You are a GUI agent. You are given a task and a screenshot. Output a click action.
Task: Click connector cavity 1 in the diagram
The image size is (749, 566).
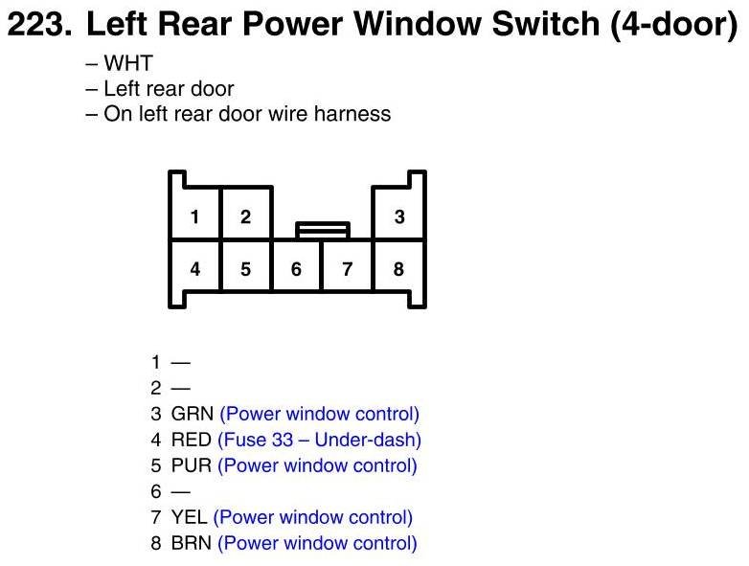click(x=195, y=217)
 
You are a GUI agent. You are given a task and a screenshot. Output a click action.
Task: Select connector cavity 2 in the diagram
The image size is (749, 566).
click(x=246, y=217)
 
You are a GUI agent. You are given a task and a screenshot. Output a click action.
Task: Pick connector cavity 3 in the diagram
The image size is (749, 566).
click(x=399, y=217)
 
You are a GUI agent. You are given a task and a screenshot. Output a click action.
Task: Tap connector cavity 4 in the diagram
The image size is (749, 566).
click(x=195, y=269)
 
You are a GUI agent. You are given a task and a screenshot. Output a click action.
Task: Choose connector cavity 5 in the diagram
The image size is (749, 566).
click(x=246, y=269)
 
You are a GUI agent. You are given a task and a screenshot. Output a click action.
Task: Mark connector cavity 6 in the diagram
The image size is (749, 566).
click(x=297, y=269)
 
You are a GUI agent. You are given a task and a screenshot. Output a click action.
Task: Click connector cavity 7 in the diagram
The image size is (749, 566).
click(x=348, y=269)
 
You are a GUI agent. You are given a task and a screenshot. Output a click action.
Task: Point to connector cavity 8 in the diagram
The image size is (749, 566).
click(x=399, y=269)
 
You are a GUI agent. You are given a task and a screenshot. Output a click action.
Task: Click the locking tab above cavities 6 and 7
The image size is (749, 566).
click(x=323, y=230)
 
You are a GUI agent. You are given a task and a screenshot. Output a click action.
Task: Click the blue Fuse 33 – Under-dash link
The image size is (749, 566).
click(x=320, y=441)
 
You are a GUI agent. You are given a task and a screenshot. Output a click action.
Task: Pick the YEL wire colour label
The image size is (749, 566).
click(x=190, y=518)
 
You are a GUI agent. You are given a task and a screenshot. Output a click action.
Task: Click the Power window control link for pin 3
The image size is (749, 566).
click(x=320, y=415)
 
